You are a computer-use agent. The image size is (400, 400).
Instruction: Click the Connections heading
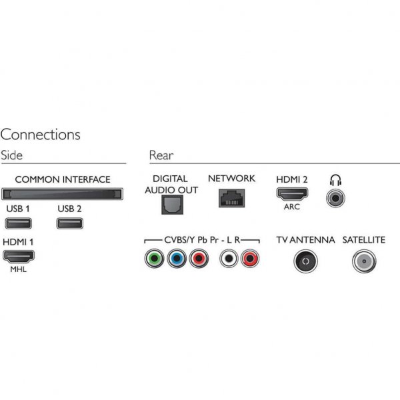(x=41, y=135)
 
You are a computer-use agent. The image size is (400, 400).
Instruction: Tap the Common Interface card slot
(x=62, y=194)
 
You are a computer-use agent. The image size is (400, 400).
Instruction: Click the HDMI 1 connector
(x=19, y=255)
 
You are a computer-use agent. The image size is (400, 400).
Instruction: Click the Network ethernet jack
(x=231, y=197)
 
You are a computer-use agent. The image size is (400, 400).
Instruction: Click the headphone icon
(x=335, y=179)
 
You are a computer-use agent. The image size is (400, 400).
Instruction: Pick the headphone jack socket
(x=335, y=198)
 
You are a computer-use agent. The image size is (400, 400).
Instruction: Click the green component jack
(x=155, y=258)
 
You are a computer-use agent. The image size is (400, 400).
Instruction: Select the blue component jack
(x=177, y=258)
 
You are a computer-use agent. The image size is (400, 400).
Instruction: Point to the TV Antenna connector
(x=305, y=261)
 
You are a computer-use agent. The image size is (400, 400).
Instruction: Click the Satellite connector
(x=364, y=261)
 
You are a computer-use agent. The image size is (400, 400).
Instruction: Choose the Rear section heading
(x=161, y=155)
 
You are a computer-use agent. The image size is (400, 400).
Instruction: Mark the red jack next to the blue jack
(x=199, y=258)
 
